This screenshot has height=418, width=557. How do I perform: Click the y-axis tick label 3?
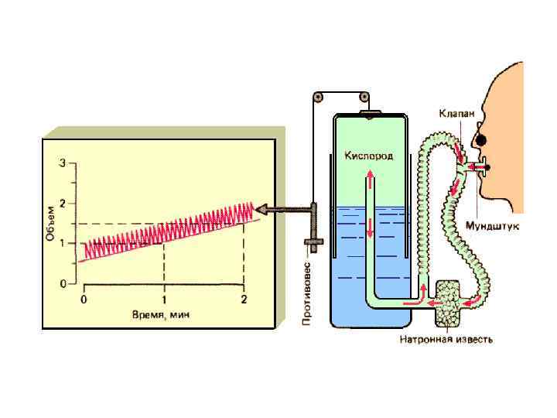tap(73, 163)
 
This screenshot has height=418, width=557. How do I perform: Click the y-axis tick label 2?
tap(73, 204)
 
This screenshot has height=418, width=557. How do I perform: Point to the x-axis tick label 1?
tap(164, 300)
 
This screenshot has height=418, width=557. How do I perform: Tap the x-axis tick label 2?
tap(244, 300)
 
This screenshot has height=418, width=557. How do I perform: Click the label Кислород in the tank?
tap(368, 156)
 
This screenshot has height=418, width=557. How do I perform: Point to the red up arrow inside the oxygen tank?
tap(369, 179)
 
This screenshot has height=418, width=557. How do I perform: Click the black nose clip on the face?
tap(481, 139)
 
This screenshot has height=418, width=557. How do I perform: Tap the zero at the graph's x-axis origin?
tap(84, 300)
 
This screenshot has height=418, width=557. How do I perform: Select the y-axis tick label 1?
tap(73, 244)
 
